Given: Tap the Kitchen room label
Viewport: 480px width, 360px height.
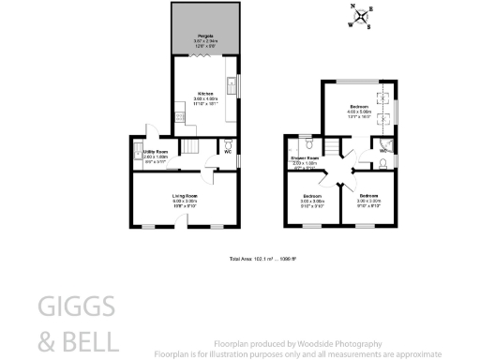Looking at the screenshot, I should tap(205, 94).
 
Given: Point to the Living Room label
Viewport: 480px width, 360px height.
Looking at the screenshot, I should tap(185, 195).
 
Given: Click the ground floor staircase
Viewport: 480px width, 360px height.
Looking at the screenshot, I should tap(189, 147).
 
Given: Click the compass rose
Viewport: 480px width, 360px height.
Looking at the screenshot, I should tap(361, 16).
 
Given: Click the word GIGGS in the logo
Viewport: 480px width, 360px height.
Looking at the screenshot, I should tap(77, 307).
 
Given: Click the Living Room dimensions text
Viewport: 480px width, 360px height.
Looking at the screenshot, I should tap(185, 202).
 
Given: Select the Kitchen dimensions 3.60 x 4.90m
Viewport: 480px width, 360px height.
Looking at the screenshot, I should tap(205, 99).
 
